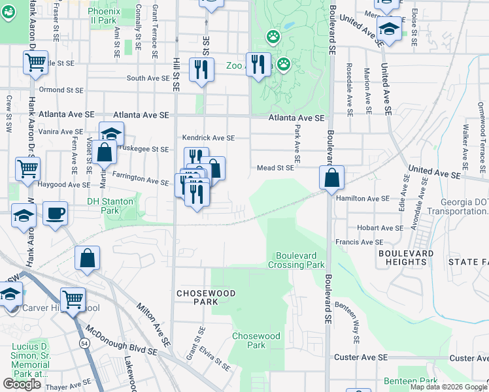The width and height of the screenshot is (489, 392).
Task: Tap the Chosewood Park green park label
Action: (x=256, y=340)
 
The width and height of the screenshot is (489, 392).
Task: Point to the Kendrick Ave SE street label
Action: (x=208, y=138)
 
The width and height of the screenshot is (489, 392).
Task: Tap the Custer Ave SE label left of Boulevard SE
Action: (x=361, y=357)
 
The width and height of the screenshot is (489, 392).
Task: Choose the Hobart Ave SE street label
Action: (x=380, y=228)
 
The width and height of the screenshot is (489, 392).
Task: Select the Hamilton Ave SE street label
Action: (x=362, y=198)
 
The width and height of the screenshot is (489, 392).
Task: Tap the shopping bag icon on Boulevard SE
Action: (x=332, y=177)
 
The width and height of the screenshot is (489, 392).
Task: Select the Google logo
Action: (x=22, y=384)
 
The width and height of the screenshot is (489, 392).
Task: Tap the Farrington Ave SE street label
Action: (x=141, y=178)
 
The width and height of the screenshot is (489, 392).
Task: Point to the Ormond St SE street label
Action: (x=61, y=90)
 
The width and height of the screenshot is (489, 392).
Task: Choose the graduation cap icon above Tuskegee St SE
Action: (x=112, y=133)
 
